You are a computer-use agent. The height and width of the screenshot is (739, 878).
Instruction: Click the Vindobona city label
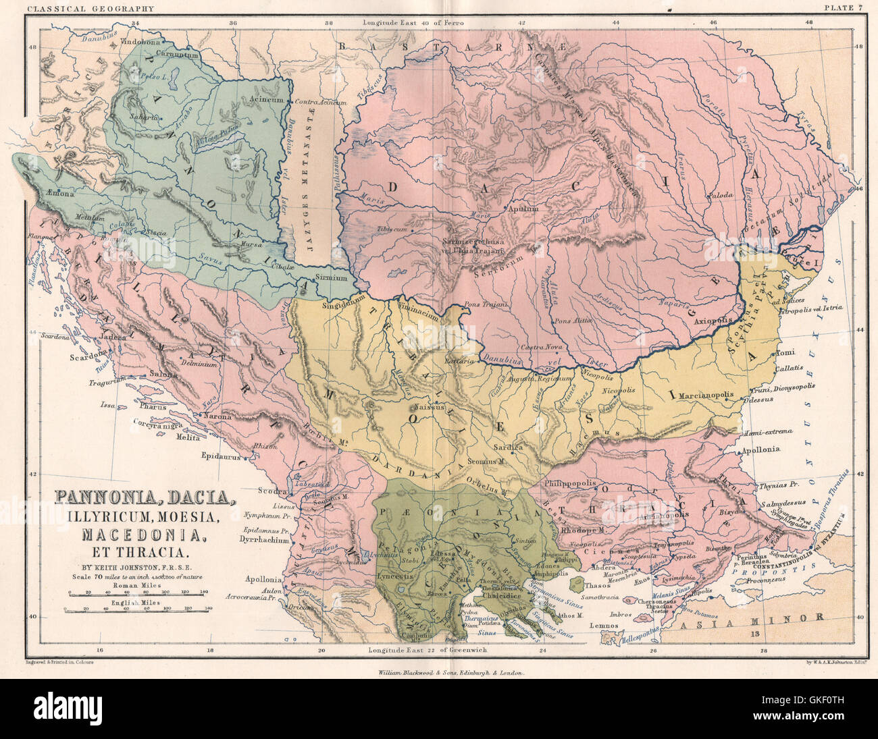coord(140,41)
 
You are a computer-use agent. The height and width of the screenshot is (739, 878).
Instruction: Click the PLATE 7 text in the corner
coord(844,8)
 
